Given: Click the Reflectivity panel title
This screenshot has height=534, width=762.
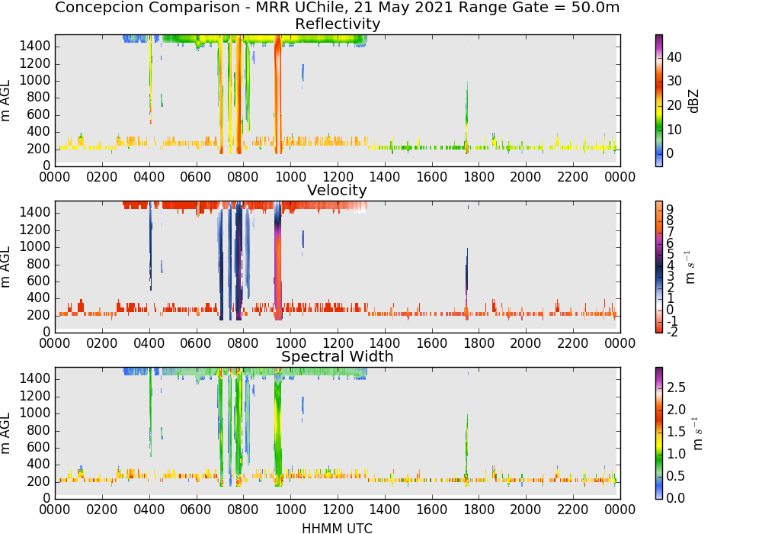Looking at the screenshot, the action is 338,24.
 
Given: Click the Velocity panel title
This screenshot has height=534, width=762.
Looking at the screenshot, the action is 337,190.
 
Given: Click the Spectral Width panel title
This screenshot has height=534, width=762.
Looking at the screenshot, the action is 338,356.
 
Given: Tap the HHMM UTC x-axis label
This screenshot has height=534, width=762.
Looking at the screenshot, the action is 337,528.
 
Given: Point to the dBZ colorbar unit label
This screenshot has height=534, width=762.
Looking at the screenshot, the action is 693,101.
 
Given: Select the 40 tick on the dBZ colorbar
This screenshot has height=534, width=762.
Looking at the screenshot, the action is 674,57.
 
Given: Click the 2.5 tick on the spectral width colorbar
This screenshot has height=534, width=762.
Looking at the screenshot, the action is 675,388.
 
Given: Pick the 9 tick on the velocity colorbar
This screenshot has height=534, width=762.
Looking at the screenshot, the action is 670,210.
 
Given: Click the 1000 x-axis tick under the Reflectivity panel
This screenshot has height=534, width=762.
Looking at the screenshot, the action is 290,176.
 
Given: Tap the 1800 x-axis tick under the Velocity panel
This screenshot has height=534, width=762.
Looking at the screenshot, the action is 479,343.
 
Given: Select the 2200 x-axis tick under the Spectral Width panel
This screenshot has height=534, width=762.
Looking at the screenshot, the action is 573,509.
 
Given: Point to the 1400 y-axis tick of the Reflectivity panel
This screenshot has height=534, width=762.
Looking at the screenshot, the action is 35,47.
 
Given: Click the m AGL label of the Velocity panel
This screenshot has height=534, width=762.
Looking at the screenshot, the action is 5,267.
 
